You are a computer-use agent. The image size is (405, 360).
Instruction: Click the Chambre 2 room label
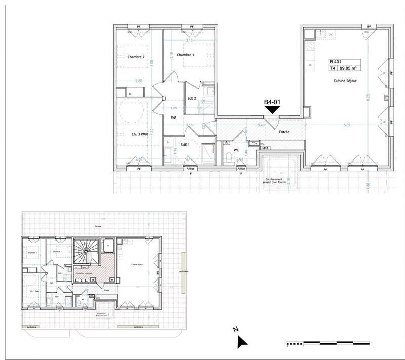[x=136, y=57]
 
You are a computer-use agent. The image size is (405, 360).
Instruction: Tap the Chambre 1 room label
[x=186, y=55]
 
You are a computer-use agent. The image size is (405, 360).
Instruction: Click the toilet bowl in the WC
[x=230, y=157]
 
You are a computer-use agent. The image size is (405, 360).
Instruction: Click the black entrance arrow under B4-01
[x=272, y=109]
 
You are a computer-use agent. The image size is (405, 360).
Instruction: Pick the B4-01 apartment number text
[x=272, y=102]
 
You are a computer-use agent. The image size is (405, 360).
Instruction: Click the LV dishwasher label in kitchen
[x=330, y=34]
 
